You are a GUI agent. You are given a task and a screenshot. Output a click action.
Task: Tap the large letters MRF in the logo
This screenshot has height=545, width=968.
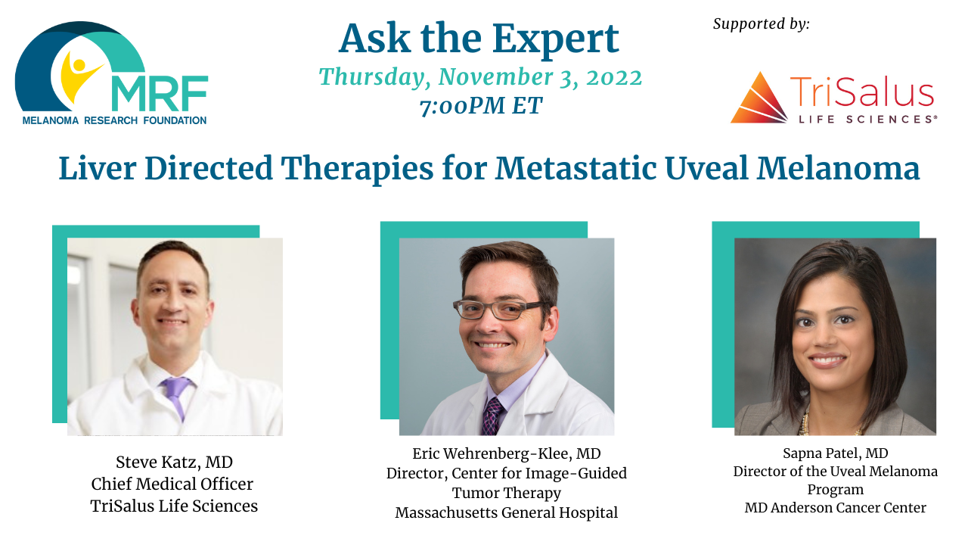(160, 93)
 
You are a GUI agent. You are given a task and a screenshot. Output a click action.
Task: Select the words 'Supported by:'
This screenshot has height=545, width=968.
(761, 23)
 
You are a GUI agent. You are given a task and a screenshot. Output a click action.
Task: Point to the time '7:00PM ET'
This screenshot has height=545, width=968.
(480, 106)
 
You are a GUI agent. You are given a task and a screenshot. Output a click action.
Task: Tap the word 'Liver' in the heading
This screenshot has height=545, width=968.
(98, 168)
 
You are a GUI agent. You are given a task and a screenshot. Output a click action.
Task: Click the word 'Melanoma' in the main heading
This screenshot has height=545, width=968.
(838, 168)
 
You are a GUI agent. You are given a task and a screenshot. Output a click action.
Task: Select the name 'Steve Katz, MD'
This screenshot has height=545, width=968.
(174, 462)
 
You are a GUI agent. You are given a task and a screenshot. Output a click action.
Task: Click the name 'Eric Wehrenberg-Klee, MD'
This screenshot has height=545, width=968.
(507, 453)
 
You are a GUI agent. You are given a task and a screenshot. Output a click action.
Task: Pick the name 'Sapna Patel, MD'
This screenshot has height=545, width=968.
(836, 453)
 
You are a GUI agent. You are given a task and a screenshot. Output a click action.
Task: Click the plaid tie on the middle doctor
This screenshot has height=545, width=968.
(492, 416)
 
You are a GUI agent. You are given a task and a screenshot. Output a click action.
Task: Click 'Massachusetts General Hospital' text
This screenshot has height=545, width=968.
(507, 513)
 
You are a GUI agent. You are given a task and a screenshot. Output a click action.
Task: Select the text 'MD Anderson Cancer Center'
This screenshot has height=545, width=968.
(836, 507)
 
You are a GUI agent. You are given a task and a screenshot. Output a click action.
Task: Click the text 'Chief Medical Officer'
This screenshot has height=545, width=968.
(172, 484)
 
